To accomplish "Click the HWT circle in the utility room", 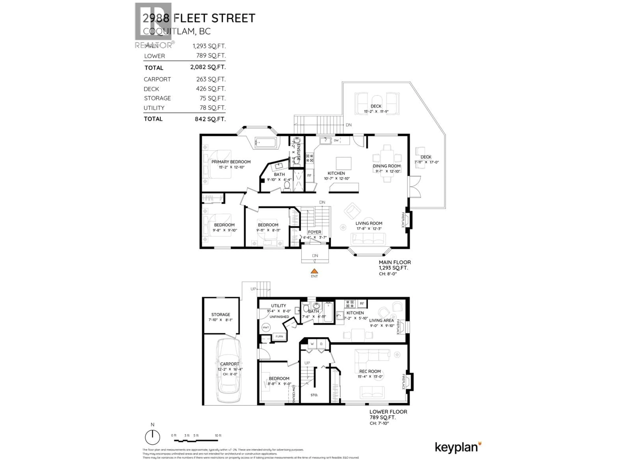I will pyautogui.click(x=266, y=327).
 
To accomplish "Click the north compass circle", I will pyautogui.click(x=152, y=437).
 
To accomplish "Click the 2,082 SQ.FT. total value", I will pyautogui.click(x=208, y=67).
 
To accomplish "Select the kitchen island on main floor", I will pyautogui.click(x=344, y=163).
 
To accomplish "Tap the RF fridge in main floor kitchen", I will pyautogui.click(x=309, y=176).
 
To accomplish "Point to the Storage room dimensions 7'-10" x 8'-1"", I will pyautogui.click(x=220, y=320).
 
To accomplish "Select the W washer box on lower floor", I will pyautogui.click(x=312, y=344).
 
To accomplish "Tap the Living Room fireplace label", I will pyautogui.click(x=403, y=220).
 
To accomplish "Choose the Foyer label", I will pyautogui.click(x=315, y=232).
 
